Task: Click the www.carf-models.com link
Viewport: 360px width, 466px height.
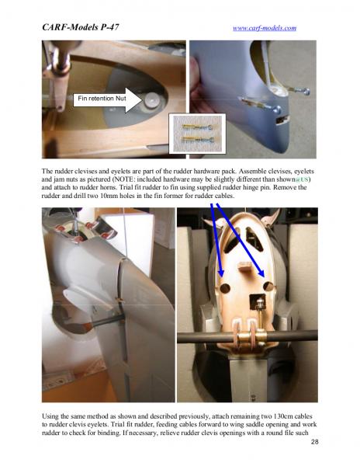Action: (x=265, y=28)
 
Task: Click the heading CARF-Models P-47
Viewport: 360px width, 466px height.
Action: (x=81, y=27)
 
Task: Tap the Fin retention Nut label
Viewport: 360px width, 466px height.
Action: (x=102, y=99)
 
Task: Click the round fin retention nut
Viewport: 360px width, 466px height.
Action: (x=151, y=101)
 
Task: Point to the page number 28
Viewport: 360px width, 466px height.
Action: (x=314, y=442)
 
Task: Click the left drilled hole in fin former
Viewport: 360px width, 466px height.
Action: (x=225, y=287)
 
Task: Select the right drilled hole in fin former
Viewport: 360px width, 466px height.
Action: (x=268, y=286)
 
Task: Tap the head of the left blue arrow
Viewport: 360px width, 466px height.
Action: (x=221, y=272)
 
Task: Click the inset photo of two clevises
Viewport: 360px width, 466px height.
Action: (x=198, y=134)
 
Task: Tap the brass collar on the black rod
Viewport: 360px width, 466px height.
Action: (x=251, y=337)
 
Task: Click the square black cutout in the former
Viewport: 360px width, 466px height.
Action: (x=258, y=302)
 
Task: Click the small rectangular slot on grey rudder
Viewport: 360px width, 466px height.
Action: (x=282, y=120)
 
